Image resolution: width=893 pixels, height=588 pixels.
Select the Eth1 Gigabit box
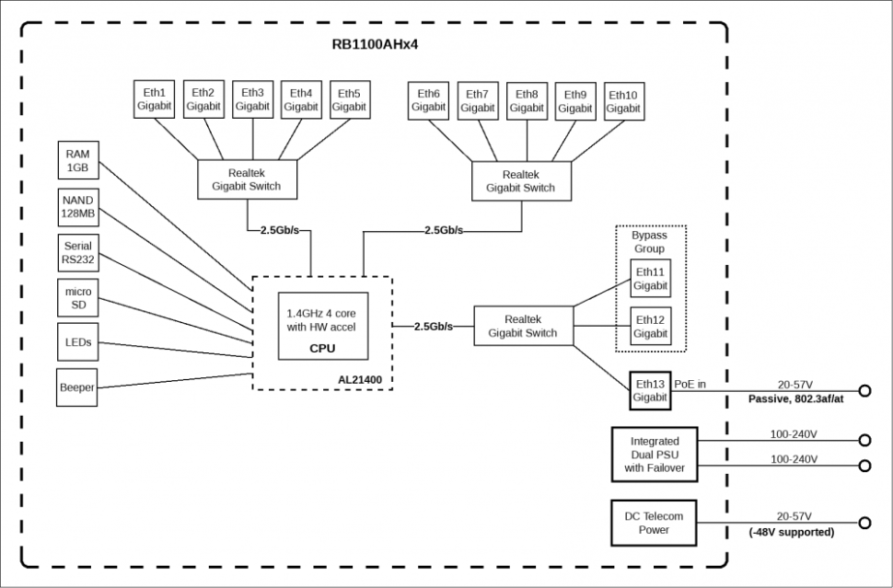[x=154, y=99]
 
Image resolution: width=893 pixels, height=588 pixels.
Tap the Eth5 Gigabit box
[x=349, y=99]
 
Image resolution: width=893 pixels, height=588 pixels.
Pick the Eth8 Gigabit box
[x=527, y=100]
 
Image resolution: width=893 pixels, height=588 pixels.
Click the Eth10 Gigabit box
[x=622, y=100]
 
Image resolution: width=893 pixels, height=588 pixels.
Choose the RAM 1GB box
[x=77, y=162]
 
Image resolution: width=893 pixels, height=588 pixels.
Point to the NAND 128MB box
[x=77, y=206]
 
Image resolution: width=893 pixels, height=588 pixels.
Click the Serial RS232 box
[x=77, y=252]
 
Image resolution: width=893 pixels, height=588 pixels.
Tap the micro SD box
[x=77, y=298]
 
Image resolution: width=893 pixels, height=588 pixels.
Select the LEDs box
[x=77, y=342]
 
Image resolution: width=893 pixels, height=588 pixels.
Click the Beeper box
[x=77, y=387]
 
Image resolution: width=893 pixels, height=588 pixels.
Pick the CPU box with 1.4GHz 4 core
[x=321, y=327]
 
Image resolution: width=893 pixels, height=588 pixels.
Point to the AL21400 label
[x=365, y=378]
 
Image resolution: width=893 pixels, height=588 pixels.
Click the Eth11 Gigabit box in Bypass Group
[x=650, y=278]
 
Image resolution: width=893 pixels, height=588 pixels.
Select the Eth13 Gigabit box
[x=649, y=390]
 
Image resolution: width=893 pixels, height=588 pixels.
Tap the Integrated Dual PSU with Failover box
[x=655, y=455]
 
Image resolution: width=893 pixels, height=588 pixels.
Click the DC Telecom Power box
[x=655, y=523]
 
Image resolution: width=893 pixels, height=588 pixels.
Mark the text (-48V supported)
[x=791, y=532]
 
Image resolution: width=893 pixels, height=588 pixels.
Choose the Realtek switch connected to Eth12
[x=522, y=326]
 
